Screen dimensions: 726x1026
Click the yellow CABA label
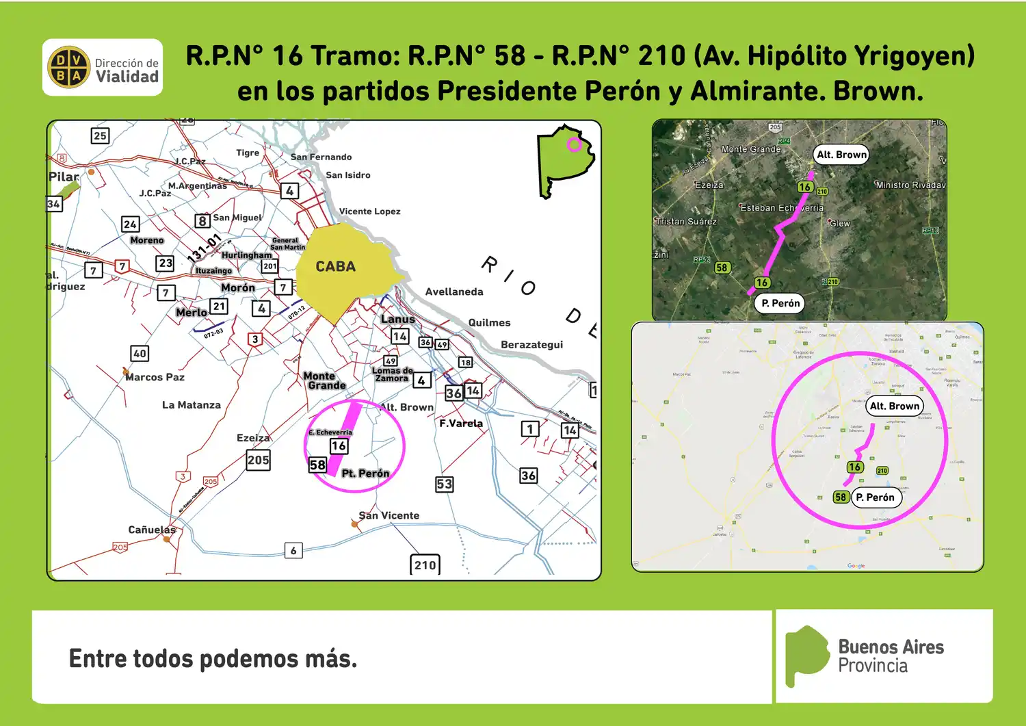click(x=335, y=267)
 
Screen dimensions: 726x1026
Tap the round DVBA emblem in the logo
click(x=68, y=68)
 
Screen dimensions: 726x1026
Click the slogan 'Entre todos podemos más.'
click(x=213, y=658)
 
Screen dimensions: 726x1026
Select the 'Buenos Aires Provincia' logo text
click(x=891, y=656)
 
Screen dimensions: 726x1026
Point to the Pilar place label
click(x=64, y=177)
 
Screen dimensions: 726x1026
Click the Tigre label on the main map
click(x=248, y=153)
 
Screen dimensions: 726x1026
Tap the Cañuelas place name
click(x=152, y=530)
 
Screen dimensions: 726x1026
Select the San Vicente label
click(x=389, y=515)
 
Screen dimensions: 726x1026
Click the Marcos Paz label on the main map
click(x=155, y=377)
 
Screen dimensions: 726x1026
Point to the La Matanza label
click(x=192, y=405)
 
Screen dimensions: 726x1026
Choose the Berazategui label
click(x=531, y=345)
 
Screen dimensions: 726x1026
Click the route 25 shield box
click(x=100, y=135)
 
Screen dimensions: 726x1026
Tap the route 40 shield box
click(x=140, y=353)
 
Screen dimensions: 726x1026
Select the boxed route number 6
click(x=293, y=550)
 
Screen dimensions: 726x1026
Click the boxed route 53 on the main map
click(x=445, y=484)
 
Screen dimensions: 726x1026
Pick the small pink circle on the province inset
click(x=574, y=144)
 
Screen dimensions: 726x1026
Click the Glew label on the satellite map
click(x=840, y=224)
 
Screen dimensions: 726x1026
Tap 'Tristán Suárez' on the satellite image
click(x=686, y=222)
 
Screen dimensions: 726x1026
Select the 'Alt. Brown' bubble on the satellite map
click(x=841, y=155)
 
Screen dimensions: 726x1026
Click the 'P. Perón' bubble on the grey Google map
click(x=876, y=497)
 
